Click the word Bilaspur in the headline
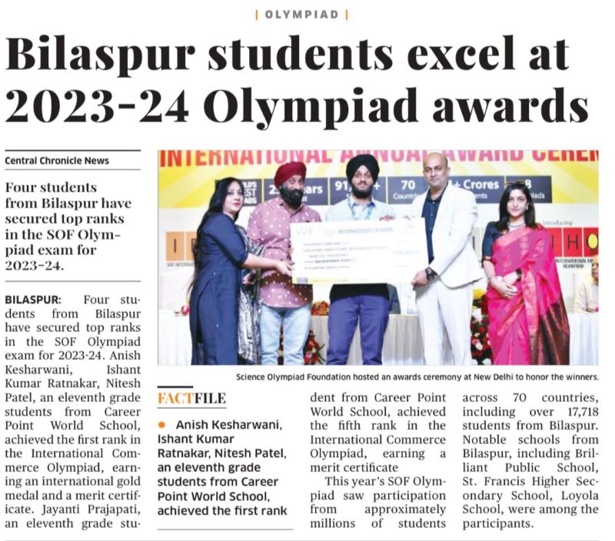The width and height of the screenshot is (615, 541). (105, 56)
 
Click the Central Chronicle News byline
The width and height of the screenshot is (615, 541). (57, 161)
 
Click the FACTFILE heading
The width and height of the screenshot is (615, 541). (192, 398)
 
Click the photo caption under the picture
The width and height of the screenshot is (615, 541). (417, 377)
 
